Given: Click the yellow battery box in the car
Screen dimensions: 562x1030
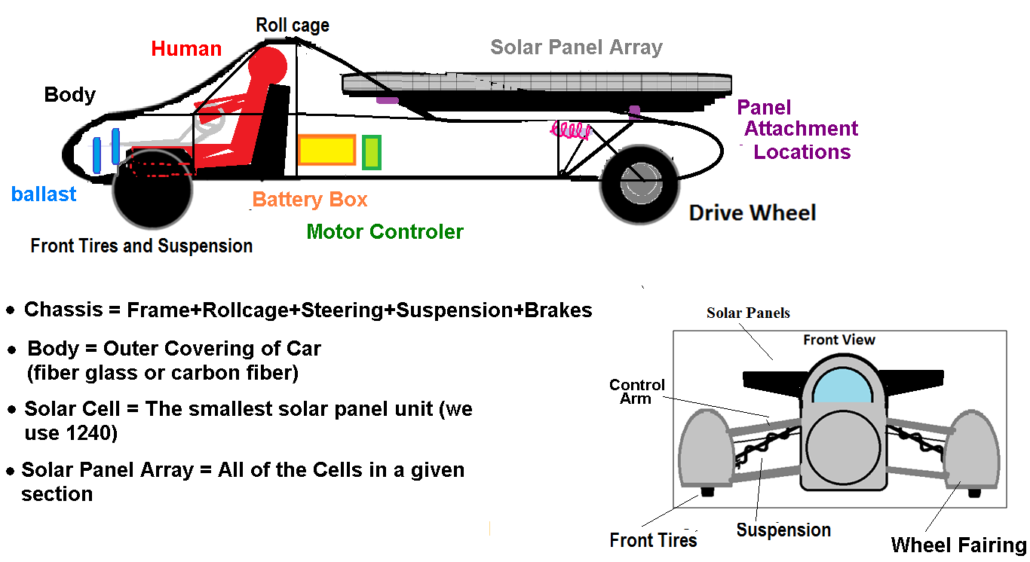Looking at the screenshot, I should (x=326, y=150).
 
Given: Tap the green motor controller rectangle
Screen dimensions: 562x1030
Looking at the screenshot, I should (x=371, y=153).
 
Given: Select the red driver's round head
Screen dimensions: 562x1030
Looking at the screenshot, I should (x=268, y=67).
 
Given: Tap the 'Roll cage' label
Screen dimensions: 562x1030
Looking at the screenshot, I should (x=293, y=25).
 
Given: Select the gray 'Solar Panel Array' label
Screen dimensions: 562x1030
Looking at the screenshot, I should (x=576, y=47).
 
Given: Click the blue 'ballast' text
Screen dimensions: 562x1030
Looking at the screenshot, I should (x=44, y=194).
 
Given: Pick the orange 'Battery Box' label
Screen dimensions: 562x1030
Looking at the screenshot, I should (x=310, y=200).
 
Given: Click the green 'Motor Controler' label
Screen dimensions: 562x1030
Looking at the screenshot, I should (x=385, y=231).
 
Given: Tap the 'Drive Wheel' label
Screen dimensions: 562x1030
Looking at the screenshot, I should (x=752, y=213).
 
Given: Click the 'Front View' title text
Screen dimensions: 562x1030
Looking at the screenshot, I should (x=839, y=340).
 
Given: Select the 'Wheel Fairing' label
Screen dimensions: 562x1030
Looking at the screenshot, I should (x=958, y=545).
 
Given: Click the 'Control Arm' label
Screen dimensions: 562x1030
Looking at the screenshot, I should (x=636, y=392).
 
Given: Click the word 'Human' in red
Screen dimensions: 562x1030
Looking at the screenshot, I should (x=186, y=49).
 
